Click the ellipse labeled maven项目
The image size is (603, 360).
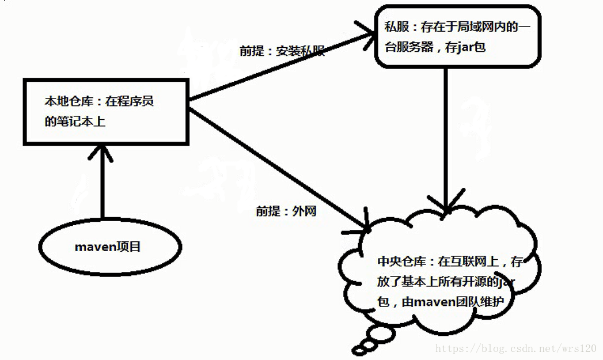[108, 247]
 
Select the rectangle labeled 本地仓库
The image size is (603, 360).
[106, 112]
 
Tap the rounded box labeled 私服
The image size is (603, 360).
[458, 36]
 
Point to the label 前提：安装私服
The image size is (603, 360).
[282, 51]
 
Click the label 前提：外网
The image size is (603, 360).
[286, 211]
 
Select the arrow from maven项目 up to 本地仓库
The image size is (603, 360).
[102, 181]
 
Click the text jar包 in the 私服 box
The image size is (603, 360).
[471, 47]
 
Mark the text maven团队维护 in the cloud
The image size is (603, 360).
[455, 300]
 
